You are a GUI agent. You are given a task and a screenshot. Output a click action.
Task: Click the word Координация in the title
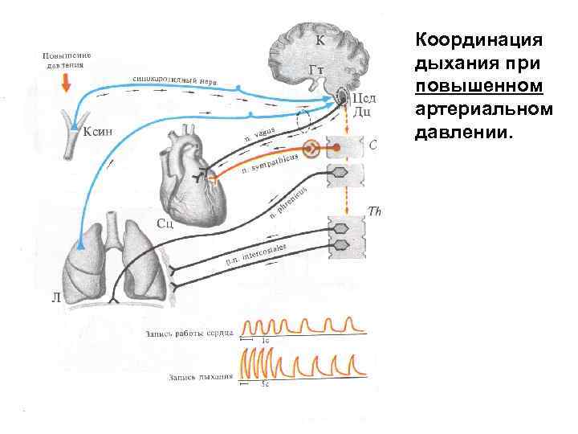[478, 39]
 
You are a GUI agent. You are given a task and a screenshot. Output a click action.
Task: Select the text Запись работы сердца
[189, 332]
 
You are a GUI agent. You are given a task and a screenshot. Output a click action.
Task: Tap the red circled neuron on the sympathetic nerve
[312, 148]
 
